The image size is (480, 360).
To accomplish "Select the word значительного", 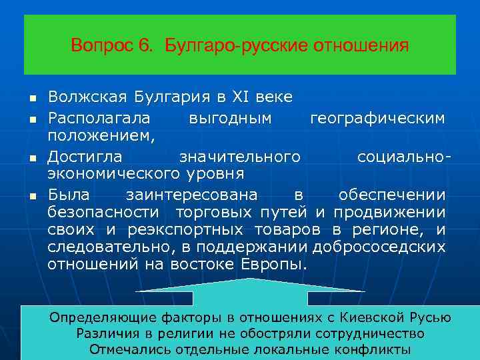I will pos(239,157).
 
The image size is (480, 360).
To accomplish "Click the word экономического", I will pos(112,174).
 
